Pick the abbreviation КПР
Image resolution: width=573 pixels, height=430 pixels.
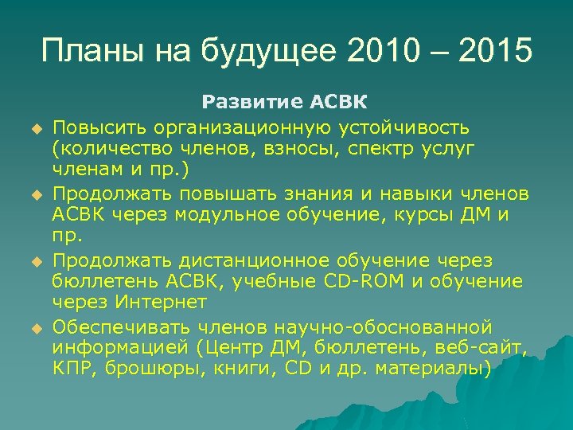coord(74,369)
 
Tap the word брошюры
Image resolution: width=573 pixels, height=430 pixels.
coord(148,370)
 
